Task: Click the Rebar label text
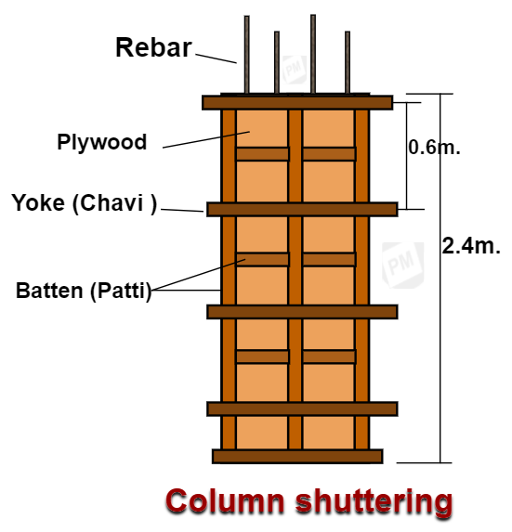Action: click(152, 48)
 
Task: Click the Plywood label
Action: click(101, 142)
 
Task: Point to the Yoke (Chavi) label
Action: click(85, 202)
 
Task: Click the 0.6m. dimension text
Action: click(435, 147)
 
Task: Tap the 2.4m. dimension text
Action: click(471, 245)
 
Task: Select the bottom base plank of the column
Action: click(297, 456)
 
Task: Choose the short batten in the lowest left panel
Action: click(261, 357)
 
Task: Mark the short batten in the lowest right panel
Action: click(329, 357)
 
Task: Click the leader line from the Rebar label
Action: click(217, 57)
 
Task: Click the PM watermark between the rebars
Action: click(295, 68)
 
